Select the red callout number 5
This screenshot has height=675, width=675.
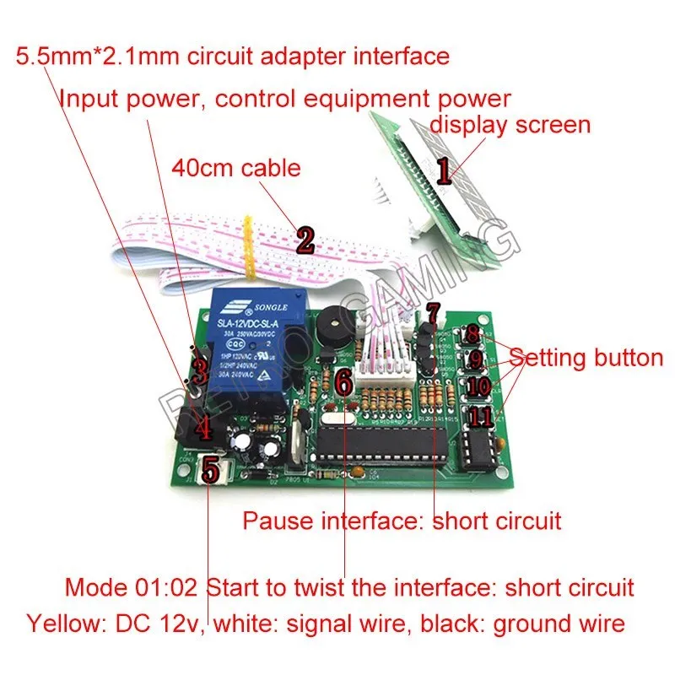tap(211, 468)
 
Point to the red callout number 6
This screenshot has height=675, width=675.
tap(343, 381)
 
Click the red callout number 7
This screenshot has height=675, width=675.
tap(433, 314)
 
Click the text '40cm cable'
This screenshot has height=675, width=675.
tap(235, 167)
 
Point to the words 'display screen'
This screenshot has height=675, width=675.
tap(510, 125)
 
